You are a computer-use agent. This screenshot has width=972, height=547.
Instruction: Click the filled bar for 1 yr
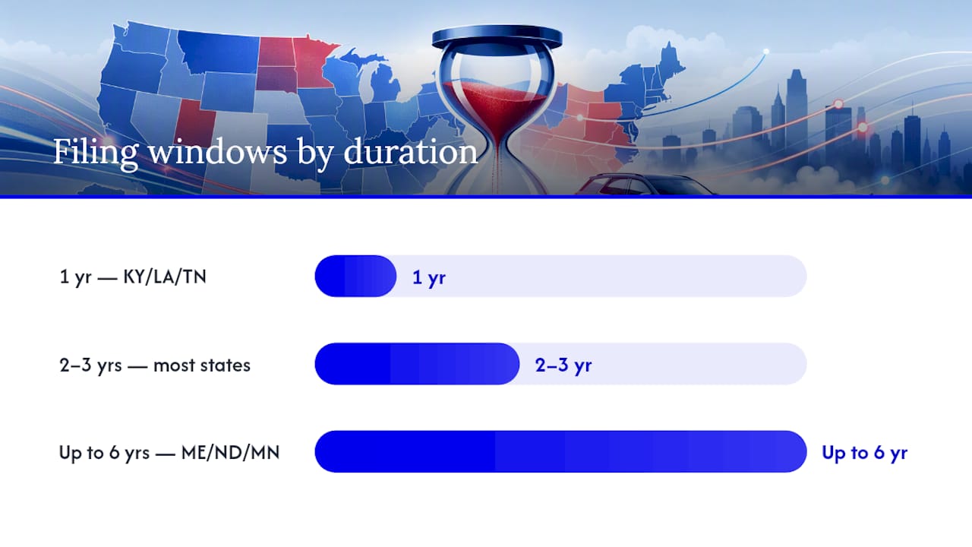tap(355, 276)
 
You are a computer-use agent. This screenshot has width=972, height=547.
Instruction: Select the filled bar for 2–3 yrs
tap(417, 364)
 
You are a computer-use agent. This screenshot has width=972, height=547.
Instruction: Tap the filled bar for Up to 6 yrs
tap(560, 451)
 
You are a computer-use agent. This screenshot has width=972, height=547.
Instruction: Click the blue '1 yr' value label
tap(429, 277)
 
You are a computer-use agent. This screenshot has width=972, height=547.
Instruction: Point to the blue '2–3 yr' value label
tap(563, 365)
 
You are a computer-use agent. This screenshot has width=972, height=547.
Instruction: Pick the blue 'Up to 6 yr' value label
tap(864, 453)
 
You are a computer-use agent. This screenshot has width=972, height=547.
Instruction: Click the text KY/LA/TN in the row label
tap(165, 277)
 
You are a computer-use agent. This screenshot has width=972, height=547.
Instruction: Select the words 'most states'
tap(202, 365)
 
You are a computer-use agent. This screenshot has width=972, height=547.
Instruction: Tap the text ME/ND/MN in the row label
tap(230, 453)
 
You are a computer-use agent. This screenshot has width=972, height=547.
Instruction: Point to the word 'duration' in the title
tap(410, 152)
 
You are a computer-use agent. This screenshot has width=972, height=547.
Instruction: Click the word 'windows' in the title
tap(217, 152)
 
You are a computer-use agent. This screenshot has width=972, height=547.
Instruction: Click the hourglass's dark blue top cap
tap(497, 36)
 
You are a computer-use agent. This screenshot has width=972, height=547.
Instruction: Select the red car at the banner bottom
tap(642, 185)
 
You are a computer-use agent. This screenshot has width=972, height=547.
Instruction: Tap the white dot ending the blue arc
tap(766, 52)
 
